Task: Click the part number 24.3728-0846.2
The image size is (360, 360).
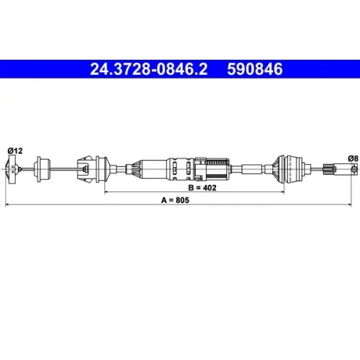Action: click(148, 69)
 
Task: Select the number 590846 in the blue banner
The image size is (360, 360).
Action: click(255, 69)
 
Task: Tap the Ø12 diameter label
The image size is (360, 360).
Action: click(15, 150)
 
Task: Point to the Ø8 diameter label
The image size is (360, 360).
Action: click(353, 158)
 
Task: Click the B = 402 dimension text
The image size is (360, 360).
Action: click(202, 188)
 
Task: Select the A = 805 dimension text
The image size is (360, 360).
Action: click(175, 200)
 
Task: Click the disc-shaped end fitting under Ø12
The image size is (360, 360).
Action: click(12, 169)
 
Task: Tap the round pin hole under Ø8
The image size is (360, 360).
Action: click(354, 169)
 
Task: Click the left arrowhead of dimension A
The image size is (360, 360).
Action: click(7, 204)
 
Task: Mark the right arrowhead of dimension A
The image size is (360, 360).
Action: click(349, 204)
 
